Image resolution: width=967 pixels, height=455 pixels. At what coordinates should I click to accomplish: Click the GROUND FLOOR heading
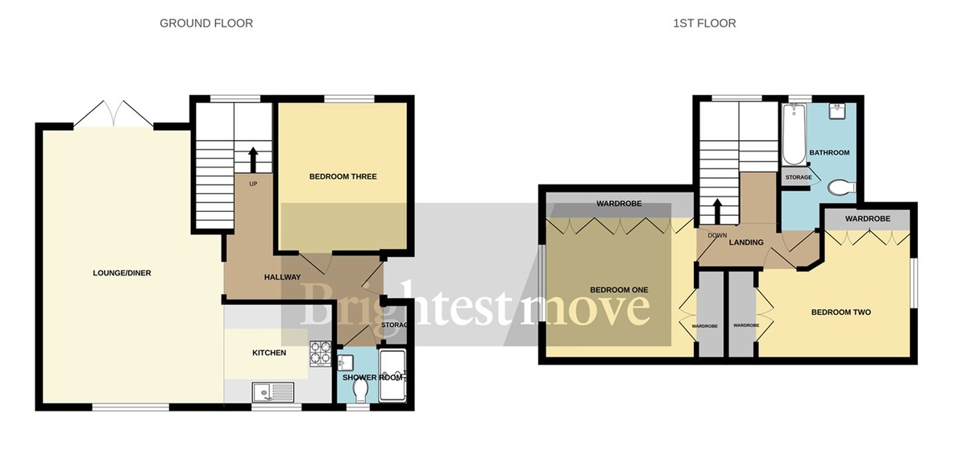(x=206, y=23)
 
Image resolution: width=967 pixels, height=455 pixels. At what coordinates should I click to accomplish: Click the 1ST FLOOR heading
(x=704, y=23)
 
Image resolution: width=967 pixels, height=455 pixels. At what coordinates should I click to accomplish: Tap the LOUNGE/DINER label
(x=122, y=273)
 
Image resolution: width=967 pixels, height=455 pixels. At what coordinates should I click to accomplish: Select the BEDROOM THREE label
(x=342, y=176)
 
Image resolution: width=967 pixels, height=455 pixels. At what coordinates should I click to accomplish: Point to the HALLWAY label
(x=283, y=277)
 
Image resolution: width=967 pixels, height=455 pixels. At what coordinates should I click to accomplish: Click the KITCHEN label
(x=269, y=353)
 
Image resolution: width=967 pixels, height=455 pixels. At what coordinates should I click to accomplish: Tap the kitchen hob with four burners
(x=320, y=352)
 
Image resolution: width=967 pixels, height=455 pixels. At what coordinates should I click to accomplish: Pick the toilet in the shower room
(x=360, y=391)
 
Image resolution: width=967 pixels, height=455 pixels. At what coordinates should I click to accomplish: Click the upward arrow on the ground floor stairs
(x=253, y=159)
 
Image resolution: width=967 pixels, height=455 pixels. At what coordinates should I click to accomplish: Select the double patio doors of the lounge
(x=114, y=114)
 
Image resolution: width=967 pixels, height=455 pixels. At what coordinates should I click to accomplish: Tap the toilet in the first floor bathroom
(x=840, y=188)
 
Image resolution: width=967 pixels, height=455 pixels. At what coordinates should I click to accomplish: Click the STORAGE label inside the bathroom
(x=798, y=177)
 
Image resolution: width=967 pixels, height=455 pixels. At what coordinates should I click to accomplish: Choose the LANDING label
(x=746, y=242)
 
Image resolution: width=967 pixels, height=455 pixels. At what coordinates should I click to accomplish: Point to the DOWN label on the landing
(x=717, y=235)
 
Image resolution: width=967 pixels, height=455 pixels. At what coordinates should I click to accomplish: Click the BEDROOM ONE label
(x=619, y=290)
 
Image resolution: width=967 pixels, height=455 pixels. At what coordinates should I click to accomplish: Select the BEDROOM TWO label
(x=840, y=312)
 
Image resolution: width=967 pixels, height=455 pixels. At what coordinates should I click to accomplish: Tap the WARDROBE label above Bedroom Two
(x=867, y=219)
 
